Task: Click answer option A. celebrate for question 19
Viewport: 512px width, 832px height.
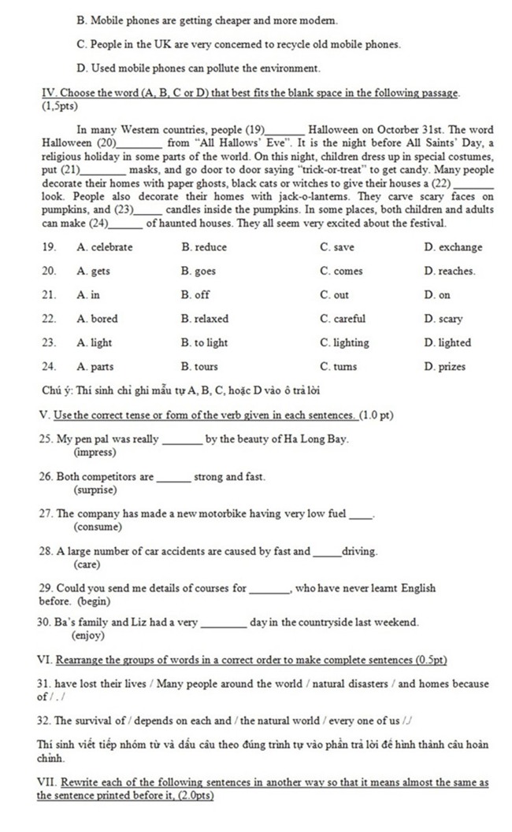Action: click(105, 247)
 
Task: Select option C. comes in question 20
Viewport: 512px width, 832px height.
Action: click(342, 272)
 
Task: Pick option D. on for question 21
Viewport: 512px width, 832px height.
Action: click(437, 295)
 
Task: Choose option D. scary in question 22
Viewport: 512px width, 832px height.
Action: click(443, 319)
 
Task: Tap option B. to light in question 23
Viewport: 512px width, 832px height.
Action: click(204, 342)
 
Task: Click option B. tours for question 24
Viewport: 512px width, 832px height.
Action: click(199, 367)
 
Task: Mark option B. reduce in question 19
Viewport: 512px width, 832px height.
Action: click(203, 247)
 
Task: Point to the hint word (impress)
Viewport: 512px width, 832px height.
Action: click(95, 453)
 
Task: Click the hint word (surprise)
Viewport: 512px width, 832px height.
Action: click(95, 490)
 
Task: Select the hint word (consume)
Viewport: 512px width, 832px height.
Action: click(98, 527)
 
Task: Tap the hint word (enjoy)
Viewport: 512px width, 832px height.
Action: click(88, 634)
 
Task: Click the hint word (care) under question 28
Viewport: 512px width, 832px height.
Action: click(86, 564)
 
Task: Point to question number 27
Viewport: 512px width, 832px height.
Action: click(45, 514)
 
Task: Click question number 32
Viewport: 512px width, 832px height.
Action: click(44, 720)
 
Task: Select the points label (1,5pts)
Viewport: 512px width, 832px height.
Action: click(60, 105)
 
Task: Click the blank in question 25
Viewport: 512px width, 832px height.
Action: click(181, 440)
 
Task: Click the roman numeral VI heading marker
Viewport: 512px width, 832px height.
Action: click(45, 659)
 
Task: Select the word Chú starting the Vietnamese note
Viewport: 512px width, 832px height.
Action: click(51, 390)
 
